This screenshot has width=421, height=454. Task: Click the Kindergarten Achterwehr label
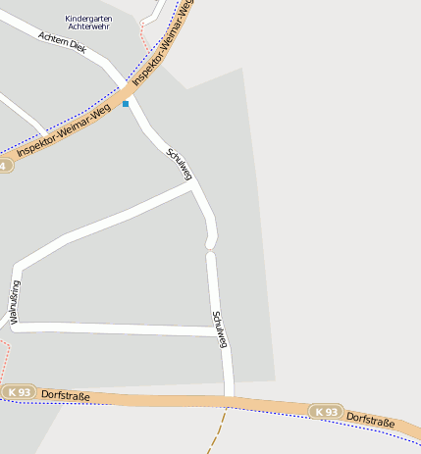88,23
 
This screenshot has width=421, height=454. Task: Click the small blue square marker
126,103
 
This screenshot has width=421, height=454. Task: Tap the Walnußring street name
14,304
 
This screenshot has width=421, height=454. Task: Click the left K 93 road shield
18,392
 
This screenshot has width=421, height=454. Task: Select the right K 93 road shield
326,411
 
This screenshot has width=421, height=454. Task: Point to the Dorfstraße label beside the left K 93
66,395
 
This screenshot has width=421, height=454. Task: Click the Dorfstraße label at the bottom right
371,420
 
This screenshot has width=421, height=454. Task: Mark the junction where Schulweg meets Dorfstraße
229,399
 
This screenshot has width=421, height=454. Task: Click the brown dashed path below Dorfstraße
217,431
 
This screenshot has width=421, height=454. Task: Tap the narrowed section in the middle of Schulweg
210,245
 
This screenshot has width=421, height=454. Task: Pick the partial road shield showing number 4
6,166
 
